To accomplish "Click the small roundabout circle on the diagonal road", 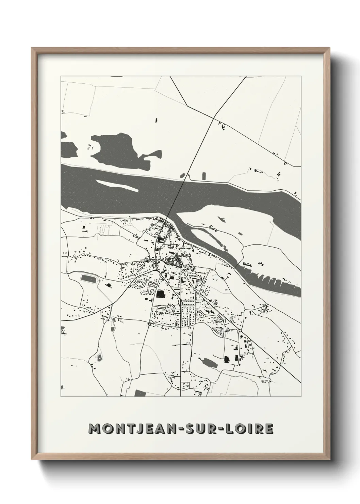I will tap(240, 330).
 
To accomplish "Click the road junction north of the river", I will tap(213, 118).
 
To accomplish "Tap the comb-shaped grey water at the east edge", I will tap(272, 279).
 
